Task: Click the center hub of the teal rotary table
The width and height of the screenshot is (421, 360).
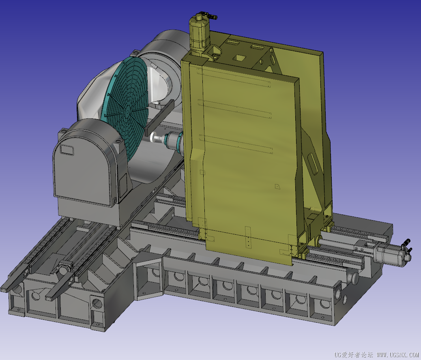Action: (127, 110)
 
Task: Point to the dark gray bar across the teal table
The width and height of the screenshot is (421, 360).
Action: (159, 117)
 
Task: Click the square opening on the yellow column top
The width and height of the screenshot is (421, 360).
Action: (239, 58)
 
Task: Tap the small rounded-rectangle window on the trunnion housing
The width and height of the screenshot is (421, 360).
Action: (67, 150)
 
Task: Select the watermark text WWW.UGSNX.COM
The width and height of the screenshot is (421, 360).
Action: (397, 355)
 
